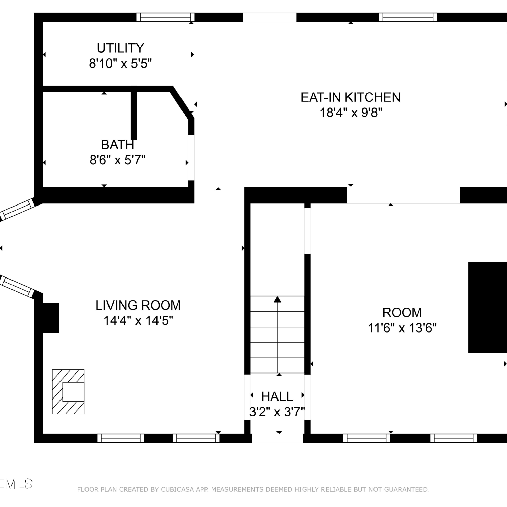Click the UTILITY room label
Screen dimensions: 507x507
click(x=120, y=48)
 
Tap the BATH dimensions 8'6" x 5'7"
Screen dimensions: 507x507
click(x=118, y=160)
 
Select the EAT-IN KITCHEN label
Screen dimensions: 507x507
click(x=351, y=97)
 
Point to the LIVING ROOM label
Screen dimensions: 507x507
click(x=138, y=306)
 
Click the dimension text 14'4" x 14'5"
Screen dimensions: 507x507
click(x=138, y=320)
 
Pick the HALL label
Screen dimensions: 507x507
click(x=277, y=396)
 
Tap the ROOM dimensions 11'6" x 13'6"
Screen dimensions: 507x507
click(x=402, y=328)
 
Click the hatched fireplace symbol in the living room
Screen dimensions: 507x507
click(x=68, y=392)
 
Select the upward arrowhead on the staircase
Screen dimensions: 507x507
click(x=277, y=299)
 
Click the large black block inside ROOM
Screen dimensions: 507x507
click(x=488, y=307)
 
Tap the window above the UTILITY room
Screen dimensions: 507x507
click(x=166, y=17)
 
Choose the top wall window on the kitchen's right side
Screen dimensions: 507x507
click(x=408, y=17)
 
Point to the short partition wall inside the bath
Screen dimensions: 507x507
click(x=134, y=115)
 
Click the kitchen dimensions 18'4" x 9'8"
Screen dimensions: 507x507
click(x=351, y=112)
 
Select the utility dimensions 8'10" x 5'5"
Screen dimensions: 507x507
click(x=120, y=63)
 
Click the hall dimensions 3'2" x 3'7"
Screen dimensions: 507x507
click(x=277, y=412)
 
